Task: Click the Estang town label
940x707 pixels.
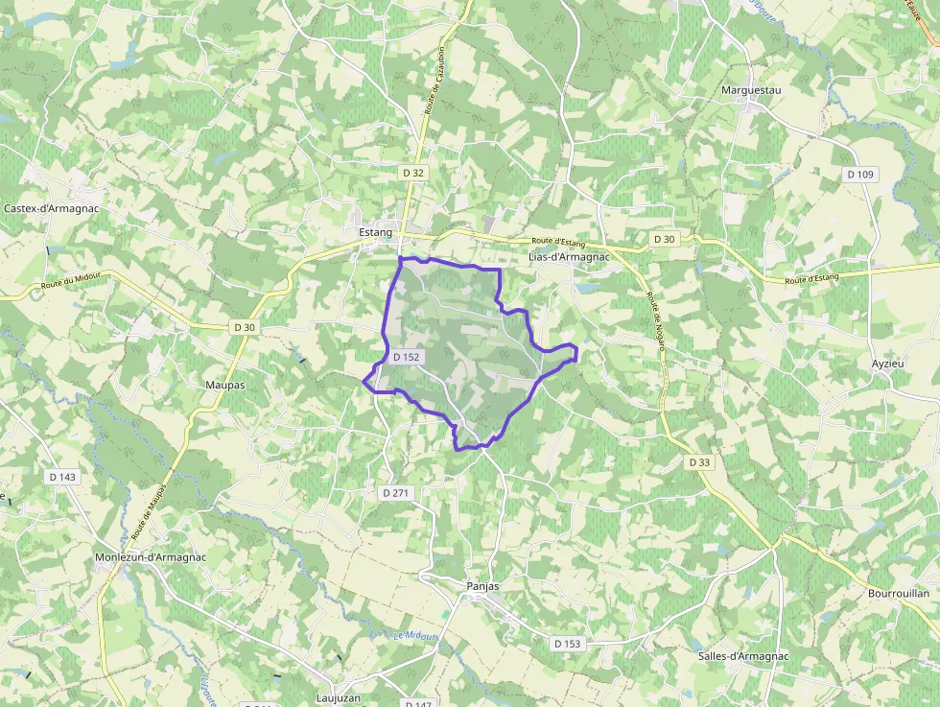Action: (375, 233)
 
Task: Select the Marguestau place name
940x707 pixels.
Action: (751, 90)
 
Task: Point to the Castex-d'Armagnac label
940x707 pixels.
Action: (52, 208)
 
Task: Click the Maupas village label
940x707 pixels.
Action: (225, 385)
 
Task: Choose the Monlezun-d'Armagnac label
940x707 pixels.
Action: (151, 557)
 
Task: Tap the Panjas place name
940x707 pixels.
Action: (482, 585)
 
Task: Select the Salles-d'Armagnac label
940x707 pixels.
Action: (743, 656)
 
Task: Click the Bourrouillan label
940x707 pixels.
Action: (898, 594)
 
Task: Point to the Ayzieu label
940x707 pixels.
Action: (887, 365)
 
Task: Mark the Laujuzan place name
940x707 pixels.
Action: (339, 698)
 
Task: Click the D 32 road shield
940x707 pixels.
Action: (413, 173)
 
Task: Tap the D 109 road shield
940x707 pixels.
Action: (860, 175)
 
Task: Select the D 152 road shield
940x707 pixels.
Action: (406, 357)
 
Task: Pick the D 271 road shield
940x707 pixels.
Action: (395, 492)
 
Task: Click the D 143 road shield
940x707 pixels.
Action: (61, 477)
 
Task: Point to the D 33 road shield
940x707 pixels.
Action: (700, 462)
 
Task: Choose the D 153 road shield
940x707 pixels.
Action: (567, 644)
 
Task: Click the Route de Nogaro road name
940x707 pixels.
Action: (656, 322)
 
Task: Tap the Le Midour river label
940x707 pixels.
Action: (414, 635)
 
